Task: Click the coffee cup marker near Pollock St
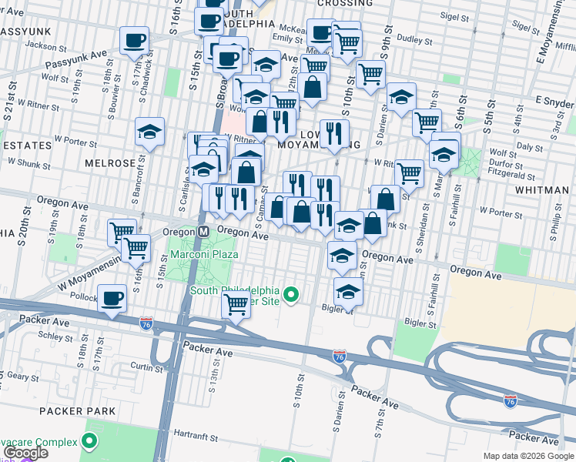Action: point(112,297)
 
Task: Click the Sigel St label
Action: point(454,15)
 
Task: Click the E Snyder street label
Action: point(553,103)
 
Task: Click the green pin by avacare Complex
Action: point(89,442)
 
